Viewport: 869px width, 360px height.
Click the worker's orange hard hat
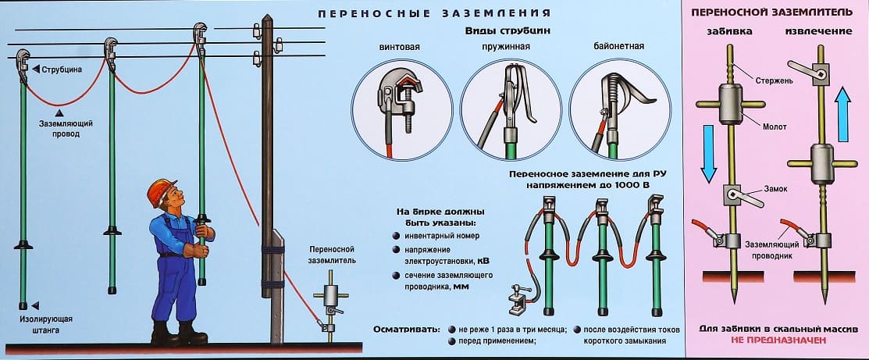tap(162, 190)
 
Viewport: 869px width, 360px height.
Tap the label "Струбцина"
tap(61, 70)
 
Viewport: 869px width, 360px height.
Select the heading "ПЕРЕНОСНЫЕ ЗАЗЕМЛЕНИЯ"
tap(435, 13)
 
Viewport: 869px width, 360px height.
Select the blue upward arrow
tap(842, 114)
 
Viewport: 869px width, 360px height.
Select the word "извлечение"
tap(816, 32)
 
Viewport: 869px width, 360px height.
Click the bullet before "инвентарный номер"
tap(397, 236)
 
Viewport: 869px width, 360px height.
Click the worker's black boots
tap(176, 334)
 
